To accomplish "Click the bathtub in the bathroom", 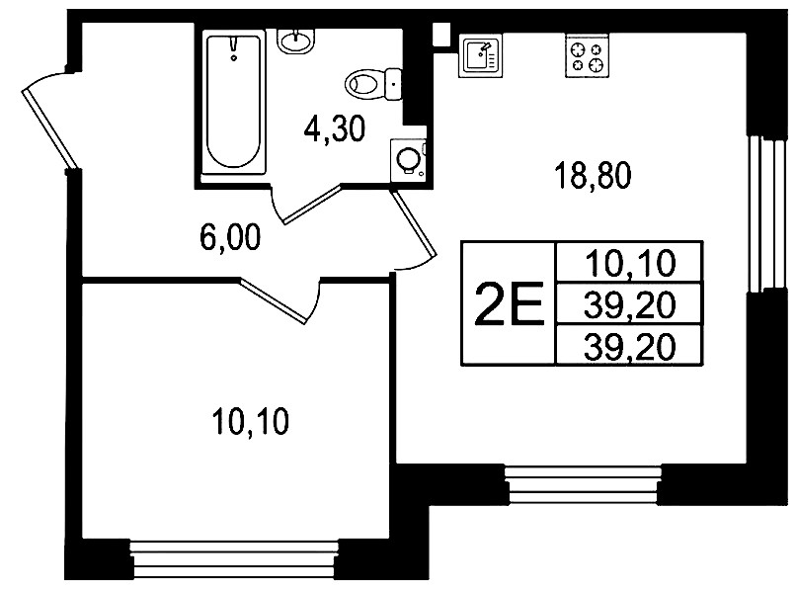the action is tap(234, 102).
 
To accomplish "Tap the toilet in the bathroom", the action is tap(372, 83).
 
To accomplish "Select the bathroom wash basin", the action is tap(296, 41).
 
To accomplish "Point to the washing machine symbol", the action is tap(408, 160).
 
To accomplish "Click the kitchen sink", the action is tap(480, 55).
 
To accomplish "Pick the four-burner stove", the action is tap(587, 55).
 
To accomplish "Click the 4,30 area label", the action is tap(335, 129).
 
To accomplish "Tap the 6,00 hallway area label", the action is tap(230, 237).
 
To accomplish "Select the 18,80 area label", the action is tap(593, 175).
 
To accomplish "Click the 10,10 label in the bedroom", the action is tap(251, 421).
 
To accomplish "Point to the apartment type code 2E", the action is tap(509, 303).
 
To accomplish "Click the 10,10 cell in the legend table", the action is tap(630, 263).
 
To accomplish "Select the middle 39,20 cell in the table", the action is tap(630, 305).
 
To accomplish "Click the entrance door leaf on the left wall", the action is tap(49, 129).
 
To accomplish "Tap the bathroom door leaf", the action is tap(311, 205).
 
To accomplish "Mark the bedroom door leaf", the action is tap(274, 301).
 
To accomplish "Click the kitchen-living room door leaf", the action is tap(413, 223).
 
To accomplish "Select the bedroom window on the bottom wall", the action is tap(234, 559).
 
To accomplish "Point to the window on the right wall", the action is tap(766, 213).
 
